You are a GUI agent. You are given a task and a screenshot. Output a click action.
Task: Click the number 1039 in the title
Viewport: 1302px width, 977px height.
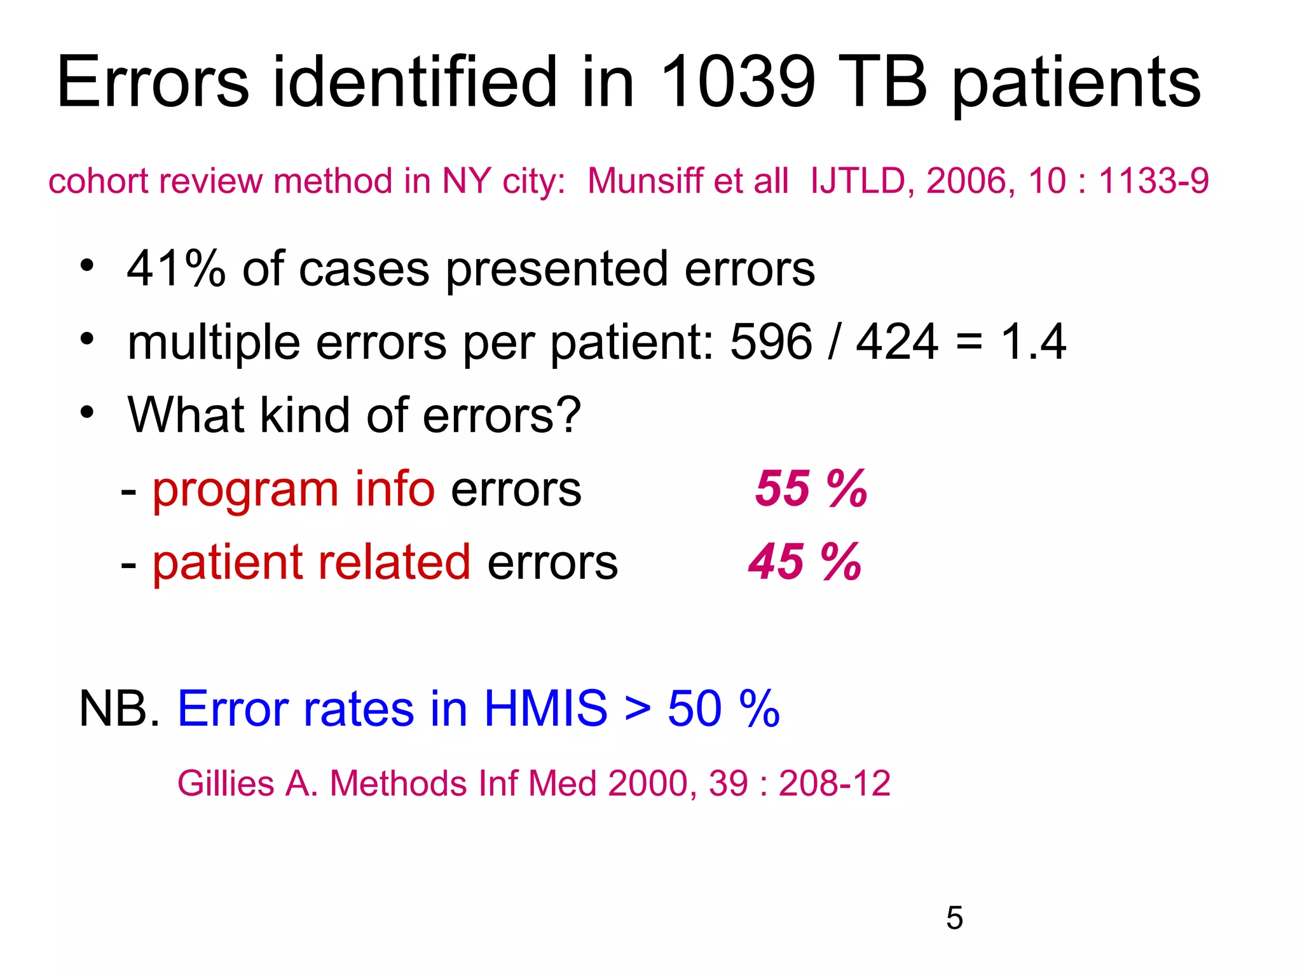[737, 83]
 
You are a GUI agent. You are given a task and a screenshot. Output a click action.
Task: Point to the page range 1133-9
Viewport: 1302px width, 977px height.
[1153, 181]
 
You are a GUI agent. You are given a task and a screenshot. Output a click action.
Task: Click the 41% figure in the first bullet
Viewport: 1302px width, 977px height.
[176, 269]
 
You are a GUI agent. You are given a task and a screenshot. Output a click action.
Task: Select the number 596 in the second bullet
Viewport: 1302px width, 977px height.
[771, 342]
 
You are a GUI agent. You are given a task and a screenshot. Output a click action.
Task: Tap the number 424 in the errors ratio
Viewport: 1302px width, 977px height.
[896, 342]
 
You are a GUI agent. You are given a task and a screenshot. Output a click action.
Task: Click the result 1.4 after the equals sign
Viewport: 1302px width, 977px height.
[1033, 342]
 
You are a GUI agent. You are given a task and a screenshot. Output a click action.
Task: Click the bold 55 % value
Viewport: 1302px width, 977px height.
[811, 489]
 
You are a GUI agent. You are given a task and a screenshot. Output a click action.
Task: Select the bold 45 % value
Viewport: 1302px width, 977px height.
[805, 562]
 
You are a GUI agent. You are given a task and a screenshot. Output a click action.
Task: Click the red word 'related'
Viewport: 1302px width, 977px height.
[394, 562]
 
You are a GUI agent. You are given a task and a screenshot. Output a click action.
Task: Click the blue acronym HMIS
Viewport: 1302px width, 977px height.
[545, 709]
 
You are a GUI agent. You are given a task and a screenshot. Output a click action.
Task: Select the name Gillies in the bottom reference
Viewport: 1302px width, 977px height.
[226, 784]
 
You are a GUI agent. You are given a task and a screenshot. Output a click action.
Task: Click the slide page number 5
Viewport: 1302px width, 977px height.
[954, 918]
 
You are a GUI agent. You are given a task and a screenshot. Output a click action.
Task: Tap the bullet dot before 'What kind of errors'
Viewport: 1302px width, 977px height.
[87, 412]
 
